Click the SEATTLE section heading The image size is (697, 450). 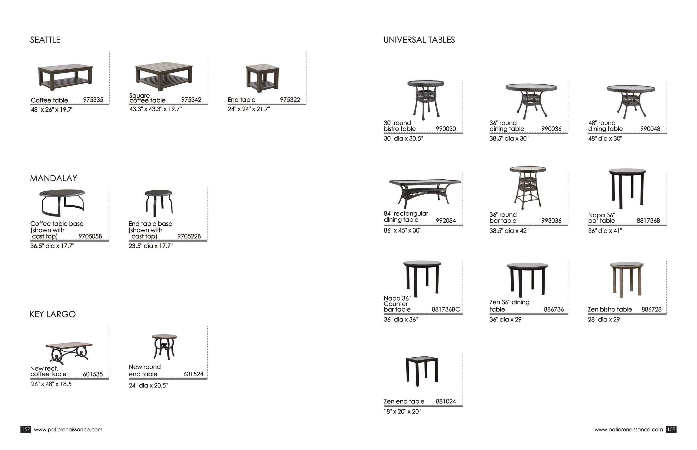45,40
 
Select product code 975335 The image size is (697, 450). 93,100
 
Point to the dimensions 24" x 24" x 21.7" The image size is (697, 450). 249,109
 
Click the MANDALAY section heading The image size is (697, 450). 53,178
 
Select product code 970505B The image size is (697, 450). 90,236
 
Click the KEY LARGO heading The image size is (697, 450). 53,314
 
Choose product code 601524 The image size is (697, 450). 193,374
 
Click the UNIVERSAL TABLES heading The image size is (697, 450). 419,40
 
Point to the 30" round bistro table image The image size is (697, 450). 426,99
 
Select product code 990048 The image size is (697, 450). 650,129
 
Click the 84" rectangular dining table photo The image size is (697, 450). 425,193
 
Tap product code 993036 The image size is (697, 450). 551,221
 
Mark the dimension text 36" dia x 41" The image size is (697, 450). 605,231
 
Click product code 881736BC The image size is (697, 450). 446,309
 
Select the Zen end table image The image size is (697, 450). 422,371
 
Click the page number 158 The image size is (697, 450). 671,429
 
